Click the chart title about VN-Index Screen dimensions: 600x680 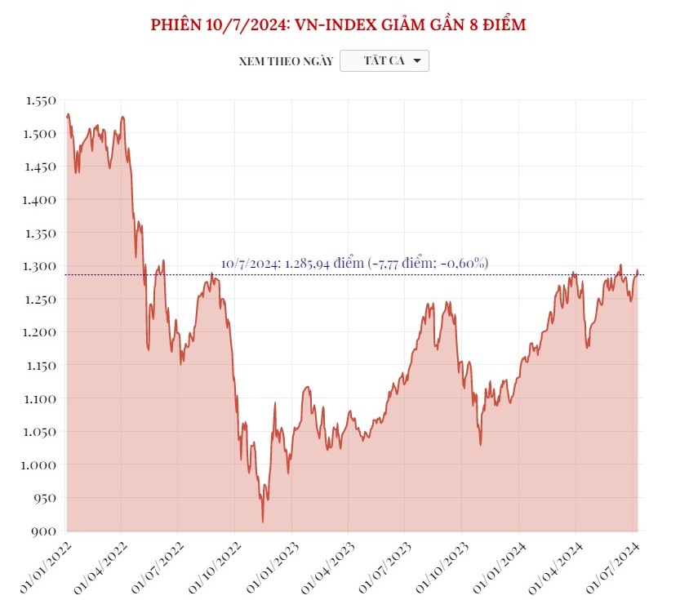coord(339,24)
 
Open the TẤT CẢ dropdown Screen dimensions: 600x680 coord(384,61)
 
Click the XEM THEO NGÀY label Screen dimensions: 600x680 coord(286,61)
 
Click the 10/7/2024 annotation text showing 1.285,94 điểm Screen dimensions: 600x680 coord(354,263)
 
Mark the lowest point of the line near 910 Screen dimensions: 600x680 coord(263,522)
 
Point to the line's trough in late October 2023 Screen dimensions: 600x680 coord(481,445)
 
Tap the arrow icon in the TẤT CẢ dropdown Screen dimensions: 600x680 coord(416,61)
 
